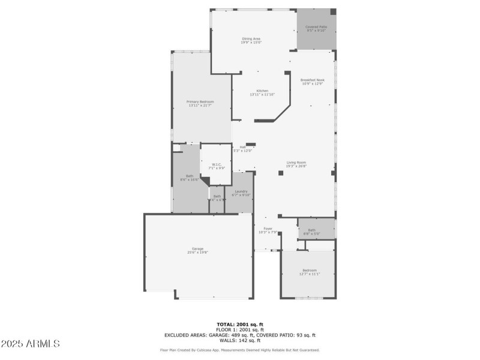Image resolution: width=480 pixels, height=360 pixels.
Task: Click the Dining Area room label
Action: (251, 40)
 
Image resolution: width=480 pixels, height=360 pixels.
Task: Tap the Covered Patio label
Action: (316, 28)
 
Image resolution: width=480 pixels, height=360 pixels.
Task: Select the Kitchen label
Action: (262, 92)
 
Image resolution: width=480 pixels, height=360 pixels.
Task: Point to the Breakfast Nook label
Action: (313, 82)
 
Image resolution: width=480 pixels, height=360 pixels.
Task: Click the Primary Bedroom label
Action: (200, 104)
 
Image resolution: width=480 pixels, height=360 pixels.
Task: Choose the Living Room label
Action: (296, 164)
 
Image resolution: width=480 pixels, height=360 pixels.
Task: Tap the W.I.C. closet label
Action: (217, 166)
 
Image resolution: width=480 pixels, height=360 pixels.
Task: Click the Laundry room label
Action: (241, 193)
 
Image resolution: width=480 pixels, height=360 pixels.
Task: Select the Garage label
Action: (198, 250)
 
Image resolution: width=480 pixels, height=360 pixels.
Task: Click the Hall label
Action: (242, 148)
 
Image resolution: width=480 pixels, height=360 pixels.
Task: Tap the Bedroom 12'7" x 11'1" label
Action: (310, 272)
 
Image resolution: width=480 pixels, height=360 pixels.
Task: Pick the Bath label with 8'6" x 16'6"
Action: (189, 178)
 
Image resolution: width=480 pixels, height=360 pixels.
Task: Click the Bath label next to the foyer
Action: (312, 231)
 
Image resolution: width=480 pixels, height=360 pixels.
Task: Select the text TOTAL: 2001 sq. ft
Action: (240, 325)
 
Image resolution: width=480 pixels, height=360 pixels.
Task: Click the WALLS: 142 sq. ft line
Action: (240, 340)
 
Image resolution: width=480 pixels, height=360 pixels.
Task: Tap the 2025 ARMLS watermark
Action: (31, 344)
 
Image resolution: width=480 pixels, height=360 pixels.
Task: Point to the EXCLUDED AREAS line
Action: (240, 335)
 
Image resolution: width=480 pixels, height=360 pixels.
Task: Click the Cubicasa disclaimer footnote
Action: (240, 350)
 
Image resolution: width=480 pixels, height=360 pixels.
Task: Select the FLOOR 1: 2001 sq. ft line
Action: (240, 330)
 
